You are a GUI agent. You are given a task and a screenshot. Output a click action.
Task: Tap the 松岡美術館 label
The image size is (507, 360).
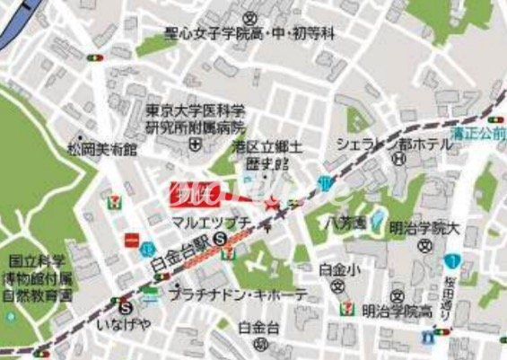click(105, 149)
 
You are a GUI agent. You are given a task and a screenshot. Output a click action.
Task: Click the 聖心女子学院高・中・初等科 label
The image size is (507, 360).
click(249, 34)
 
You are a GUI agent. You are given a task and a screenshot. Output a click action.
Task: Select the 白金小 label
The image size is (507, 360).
click(337, 268)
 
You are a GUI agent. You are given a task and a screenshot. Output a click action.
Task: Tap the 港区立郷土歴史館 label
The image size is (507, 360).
click(268, 154)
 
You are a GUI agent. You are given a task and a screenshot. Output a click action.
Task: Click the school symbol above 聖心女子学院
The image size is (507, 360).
click(252, 17)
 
